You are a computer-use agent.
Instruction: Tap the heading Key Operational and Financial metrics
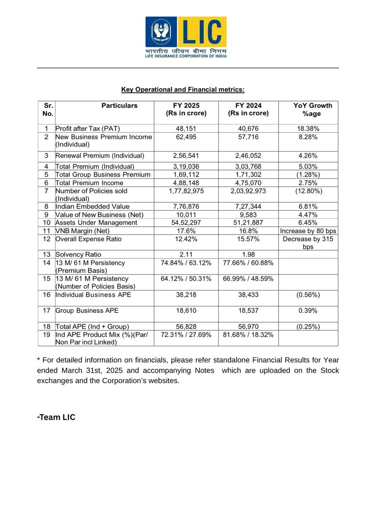click(183, 90)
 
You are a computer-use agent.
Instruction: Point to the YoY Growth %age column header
click(312, 109)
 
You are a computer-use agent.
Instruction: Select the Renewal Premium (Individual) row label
click(99, 156)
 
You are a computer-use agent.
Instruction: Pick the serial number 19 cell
click(46, 334)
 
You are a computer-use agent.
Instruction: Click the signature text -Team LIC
click(56, 417)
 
